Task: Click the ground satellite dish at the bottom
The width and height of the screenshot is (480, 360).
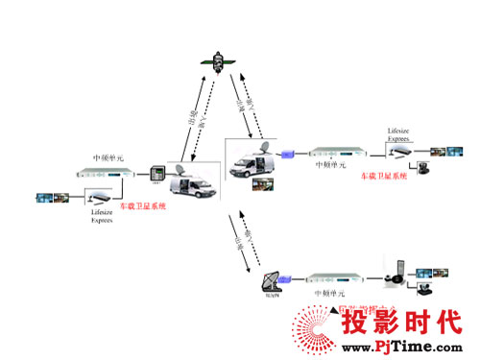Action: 275,282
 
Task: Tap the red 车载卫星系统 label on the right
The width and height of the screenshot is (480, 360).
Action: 383,177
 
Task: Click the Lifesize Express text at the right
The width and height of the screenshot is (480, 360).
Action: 374,136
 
